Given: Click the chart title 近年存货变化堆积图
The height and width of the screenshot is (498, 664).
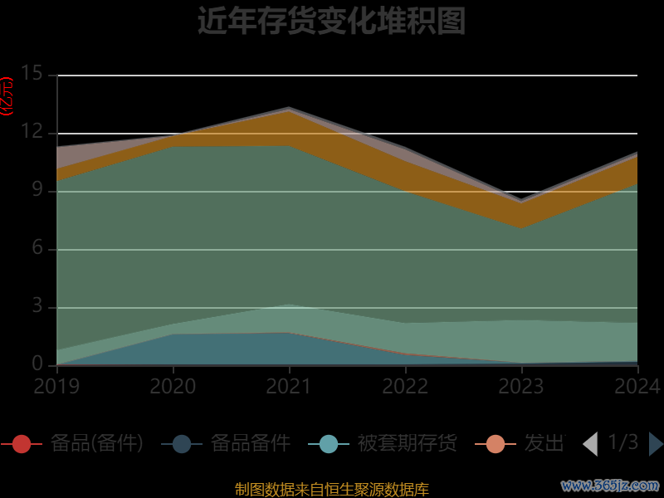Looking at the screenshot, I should click(331, 22).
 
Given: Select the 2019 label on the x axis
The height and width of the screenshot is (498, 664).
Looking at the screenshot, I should click(56, 386).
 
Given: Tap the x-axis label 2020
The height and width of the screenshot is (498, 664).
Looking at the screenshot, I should click(173, 386).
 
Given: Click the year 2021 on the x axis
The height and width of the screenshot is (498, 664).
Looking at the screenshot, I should click(289, 386).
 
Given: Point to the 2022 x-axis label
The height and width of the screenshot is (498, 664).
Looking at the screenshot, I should click(405, 386).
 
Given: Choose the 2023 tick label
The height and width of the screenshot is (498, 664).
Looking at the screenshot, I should click(521, 386).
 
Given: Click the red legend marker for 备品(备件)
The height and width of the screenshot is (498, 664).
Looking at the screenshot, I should click(22, 444).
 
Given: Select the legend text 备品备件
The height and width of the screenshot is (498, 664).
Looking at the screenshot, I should click(250, 444).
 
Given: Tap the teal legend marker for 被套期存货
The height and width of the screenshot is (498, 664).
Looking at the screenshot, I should click(329, 444).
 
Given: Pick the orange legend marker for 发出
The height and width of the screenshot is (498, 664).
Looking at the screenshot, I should click(496, 444).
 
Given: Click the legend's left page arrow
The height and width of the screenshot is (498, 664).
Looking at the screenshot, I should click(590, 444).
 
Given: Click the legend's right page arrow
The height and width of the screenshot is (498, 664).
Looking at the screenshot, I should click(656, 444).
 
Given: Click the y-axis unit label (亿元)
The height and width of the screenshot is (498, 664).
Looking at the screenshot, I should click(7, 95).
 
